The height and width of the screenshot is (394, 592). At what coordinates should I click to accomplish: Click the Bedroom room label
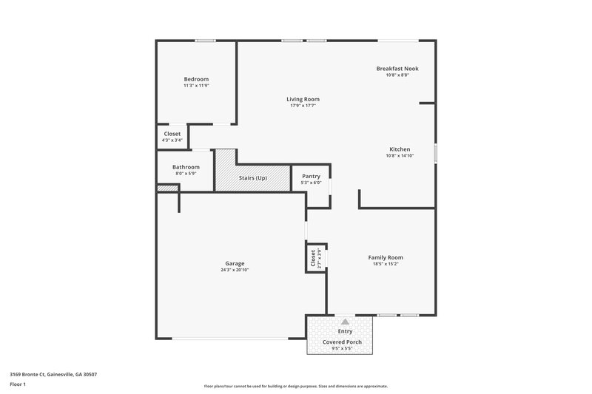[x=196, y=79]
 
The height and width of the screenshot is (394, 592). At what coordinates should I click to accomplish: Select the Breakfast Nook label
[x=397, y=68]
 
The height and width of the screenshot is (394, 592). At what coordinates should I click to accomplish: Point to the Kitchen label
[x=400, y=149]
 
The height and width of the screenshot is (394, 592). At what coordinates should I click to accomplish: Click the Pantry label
[x=312, y=176]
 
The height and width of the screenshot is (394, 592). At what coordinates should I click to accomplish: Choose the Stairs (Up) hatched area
[x=252, y=178]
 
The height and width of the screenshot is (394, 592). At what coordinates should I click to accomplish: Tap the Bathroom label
[x=186, y=167]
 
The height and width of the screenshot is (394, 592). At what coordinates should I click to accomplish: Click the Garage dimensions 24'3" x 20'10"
[x=235, y=270]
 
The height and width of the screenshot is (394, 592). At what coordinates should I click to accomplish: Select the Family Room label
[x=386, y=257]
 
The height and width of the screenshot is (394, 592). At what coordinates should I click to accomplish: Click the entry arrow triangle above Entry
[x=345, y=322]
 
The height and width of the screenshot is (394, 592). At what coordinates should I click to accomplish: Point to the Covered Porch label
[x=341, y=342]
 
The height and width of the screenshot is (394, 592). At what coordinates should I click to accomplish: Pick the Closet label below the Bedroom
[x=172, y=134]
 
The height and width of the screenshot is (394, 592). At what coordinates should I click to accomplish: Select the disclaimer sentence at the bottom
[x=295, y=386]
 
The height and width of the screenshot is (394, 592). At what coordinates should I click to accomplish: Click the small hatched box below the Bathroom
[x=167, y=188]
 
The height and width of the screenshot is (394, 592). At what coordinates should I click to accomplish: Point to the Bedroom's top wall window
[x=206, y=41]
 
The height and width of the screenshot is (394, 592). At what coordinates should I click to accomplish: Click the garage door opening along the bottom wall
[x=231, y=339]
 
